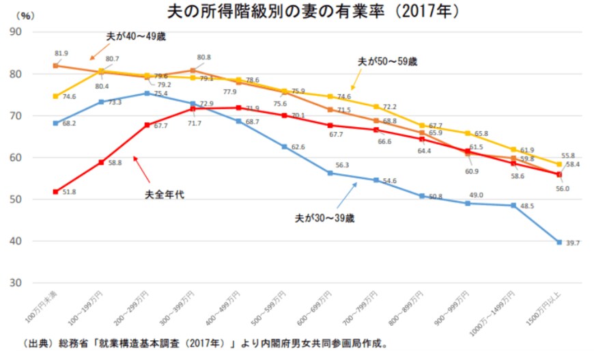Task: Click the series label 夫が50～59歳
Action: tap(387, 61)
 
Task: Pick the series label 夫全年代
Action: tap(165, 195)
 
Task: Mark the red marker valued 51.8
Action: tap(55, 192)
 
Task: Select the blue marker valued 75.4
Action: tap(147, 94)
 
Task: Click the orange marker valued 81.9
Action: tap(55, 66)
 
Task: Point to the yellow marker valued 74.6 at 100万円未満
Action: tap(55, 96)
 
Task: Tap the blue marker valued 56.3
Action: tap(330, 173)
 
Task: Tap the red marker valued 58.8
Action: tap(101, 163)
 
